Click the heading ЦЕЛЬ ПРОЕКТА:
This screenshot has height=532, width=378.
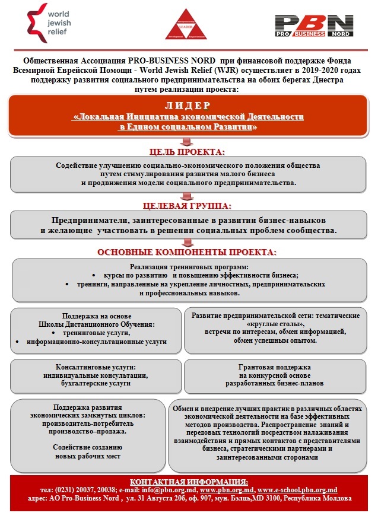[x=188, y=152]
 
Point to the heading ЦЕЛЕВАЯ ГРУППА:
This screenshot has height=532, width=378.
[x=188, y=206]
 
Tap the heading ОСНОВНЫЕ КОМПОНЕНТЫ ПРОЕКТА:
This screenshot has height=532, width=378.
[x=188, y=252]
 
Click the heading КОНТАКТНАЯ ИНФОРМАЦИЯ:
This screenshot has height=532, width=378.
[x=189, y=481]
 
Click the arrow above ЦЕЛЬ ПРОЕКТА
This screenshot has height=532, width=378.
[x=186, y=142]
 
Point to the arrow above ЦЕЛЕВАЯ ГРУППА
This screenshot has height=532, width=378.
[x=186, y=197]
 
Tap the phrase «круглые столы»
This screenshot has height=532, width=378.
[x=279, y=324]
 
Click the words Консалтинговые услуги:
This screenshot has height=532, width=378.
[x=96, y=368]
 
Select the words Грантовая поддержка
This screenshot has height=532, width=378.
[x=274, y=368]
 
